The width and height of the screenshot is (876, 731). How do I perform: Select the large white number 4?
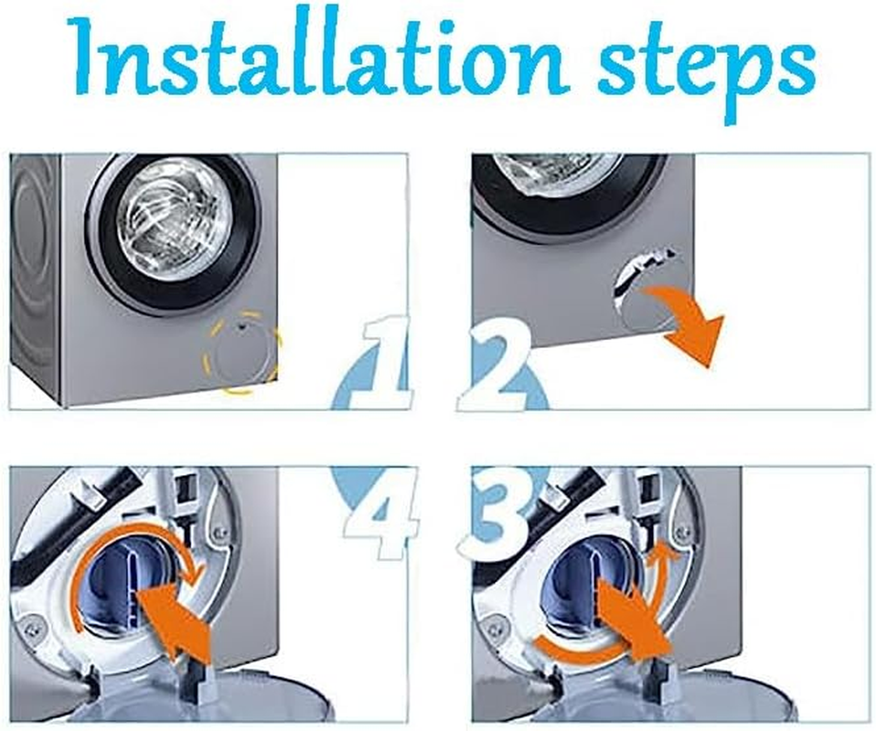coord(384,514)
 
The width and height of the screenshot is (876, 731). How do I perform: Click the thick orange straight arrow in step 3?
coord(634,614)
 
